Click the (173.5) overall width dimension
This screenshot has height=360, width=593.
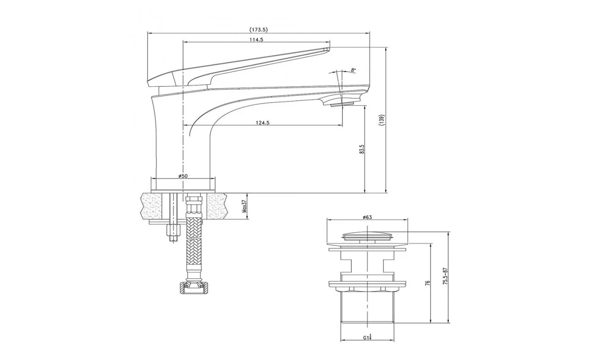pos(258,30)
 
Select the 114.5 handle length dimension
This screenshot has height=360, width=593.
pos(256,40)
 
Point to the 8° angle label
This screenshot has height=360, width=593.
pos(353,70)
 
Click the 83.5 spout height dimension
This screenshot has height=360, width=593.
pos(362,149)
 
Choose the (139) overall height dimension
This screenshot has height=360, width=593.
pos(382,120)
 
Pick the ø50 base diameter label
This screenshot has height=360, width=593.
pos(183,176)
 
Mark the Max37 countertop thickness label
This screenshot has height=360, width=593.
pos(244,206)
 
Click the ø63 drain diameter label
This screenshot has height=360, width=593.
pos(367,217)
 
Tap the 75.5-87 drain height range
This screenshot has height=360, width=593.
pos(445,276)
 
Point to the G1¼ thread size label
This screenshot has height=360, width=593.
pos(367,337)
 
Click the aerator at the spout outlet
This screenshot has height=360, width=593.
pos(342,104)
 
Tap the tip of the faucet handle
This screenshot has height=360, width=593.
pos(328,48)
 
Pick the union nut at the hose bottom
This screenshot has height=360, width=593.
pos(194,288)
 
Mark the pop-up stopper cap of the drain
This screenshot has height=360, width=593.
pos(367,236)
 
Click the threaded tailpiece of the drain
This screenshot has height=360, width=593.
pos(367,307)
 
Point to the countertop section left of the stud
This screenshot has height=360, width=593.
pos(152,206)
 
